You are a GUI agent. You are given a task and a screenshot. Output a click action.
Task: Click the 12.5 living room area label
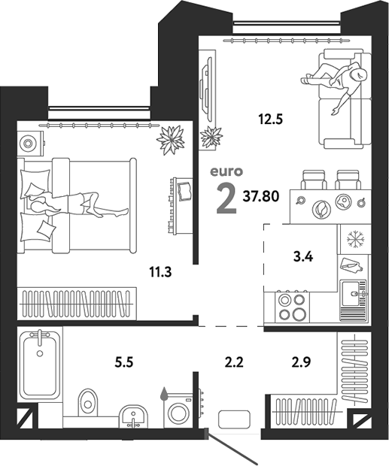270,120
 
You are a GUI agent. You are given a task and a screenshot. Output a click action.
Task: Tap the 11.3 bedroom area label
160,272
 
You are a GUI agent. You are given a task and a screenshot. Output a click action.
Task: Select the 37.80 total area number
261,196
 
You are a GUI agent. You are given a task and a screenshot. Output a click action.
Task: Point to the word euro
226,171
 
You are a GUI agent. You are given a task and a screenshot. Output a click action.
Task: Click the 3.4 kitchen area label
303,257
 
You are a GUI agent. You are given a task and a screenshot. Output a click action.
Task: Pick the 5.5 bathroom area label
123,362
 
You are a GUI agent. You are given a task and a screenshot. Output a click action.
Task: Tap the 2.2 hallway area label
234,362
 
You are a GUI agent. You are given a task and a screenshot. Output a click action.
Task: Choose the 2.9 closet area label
301,362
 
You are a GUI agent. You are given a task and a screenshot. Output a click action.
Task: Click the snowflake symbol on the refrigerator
355,239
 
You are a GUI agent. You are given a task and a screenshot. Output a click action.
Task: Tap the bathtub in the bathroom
40,363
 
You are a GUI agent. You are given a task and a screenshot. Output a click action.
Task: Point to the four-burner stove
292,307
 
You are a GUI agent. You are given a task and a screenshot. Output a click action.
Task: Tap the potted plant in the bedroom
171,140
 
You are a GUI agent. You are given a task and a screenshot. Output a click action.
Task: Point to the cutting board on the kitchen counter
351,265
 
